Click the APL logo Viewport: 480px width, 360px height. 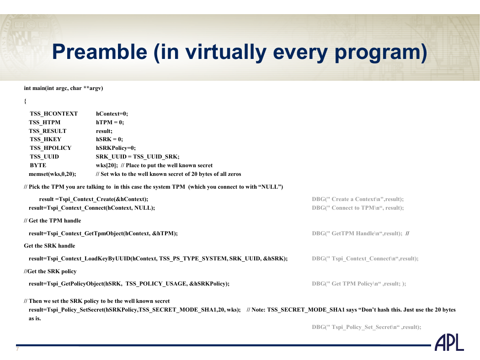pyautogui.click(x=449, y=343)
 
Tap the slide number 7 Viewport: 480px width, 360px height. pyautogui.click(x=17, y=349)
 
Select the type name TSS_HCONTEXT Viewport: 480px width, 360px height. pyautogui.click(x=54, y=114)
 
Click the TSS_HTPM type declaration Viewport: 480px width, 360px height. pyautogui.click(x=45, y=122)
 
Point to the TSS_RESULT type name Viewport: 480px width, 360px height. pyautogui.click(x=48, y=131)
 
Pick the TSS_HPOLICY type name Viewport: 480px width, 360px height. pyautogui.click(x=50, y=148)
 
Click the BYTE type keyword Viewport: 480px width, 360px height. pyautogui.click(x=38, y=165)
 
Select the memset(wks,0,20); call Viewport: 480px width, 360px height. pyautogui.click(x=53, y=174)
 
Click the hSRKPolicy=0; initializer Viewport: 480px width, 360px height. pyautogui.click(x=116, y=148)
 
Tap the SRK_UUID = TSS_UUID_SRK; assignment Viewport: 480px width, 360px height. pyautogui.click(x=138, y=157)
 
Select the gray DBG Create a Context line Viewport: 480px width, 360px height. pyautogui.click(x=358, y=199)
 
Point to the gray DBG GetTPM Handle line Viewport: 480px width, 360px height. pyautogui.click(x=357, y=233)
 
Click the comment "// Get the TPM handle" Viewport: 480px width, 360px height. pyautogui.click(x=53, y=221)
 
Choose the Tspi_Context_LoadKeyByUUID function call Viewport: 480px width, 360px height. pyautogui.click(x=158, y=259)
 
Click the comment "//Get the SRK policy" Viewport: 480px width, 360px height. pyautogui.click(x=50, y=271)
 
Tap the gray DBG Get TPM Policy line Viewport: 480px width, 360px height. pyautogui.click(x=359, y=284)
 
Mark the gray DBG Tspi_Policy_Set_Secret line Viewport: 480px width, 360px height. pyautogui.click(x=367, y=327)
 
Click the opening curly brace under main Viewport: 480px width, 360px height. pyautogui.click(x=26, y=101)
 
